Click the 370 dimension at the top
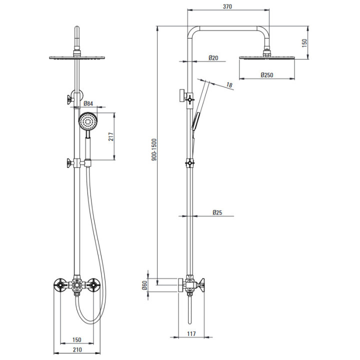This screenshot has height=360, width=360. [227, 6]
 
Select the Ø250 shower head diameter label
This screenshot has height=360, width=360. [267, 75]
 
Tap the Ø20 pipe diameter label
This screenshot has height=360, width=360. [213, 57]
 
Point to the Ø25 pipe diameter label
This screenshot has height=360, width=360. [217, 212]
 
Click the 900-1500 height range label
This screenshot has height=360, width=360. [154, 149]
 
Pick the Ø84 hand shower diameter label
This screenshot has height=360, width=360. [88, 103]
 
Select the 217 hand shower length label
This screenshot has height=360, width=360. [111, 136]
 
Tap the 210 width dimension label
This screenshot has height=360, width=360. [77, 349]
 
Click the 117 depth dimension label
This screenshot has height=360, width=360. [191, 333]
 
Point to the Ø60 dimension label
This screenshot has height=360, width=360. [144, 285]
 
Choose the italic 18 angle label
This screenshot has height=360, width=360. [229, 85]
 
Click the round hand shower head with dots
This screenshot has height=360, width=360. [88, 121]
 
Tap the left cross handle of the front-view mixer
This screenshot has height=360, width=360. [60, 285]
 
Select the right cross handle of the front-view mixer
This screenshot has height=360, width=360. [93, 285]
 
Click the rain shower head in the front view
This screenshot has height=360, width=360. [77, 57]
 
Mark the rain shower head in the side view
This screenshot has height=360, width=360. [267, 57]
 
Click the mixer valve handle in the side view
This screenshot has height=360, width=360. [201, 285]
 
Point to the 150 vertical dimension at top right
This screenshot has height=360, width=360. [304, 43]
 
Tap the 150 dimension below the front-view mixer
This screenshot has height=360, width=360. [76, 339]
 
